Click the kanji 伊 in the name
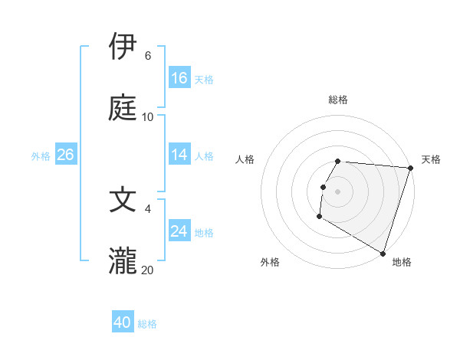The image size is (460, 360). tap(123, 47)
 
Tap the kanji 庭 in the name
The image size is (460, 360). tap(123, 107)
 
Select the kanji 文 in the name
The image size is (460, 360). tap(123, 198)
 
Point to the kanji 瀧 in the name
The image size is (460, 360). tap(123, 260)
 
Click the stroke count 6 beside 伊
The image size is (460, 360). tap(148, 56)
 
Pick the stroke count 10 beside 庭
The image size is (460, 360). tap(148, 117)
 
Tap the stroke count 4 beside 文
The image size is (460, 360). tap(148, 208)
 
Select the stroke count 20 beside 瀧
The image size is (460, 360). tap(148, 270)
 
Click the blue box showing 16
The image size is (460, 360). tap(179, 78)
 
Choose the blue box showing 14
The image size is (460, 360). tap(179, 155)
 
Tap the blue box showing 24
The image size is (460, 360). tap(179, 231)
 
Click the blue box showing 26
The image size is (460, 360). tap(65, 155)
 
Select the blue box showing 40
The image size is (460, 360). tap(123, 323)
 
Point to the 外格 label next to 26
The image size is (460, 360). tap(41, 155)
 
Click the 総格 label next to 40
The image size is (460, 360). tap(148, 324)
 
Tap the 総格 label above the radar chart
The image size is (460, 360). tap(338, 100)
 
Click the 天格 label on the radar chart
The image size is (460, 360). tap(431, 159)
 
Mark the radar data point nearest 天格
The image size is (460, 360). tap(410, 168)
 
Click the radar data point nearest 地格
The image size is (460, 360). tap(383, 253)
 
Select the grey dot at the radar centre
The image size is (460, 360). tap(338, 191)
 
